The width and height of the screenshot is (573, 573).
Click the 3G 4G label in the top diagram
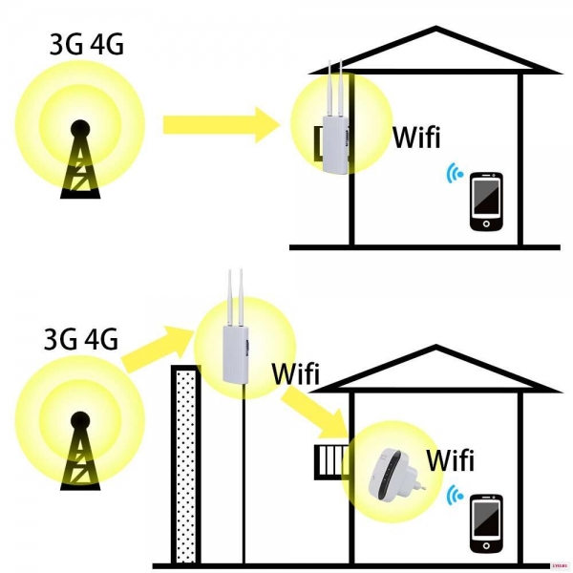point(87,45)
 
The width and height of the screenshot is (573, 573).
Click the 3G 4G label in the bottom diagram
point(81,339)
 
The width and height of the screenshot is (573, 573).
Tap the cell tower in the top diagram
point(80,159)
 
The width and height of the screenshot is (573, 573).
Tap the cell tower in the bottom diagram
point(80,451)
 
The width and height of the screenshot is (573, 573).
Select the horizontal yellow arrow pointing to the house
point(222,125)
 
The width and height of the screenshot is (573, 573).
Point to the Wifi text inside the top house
point(416,137)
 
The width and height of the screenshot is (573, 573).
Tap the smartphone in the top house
point(486,202)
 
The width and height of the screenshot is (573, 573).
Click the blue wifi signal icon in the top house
point(455,173)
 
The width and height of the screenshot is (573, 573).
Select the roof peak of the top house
point(435,28)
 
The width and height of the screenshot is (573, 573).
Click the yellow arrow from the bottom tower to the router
point(158,349)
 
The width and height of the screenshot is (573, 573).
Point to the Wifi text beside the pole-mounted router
point(296,373)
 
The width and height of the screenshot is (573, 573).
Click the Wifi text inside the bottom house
point(450,459)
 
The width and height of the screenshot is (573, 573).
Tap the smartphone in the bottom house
point(486,523)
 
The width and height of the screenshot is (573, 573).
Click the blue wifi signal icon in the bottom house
point(455,496)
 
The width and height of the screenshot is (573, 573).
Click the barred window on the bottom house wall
point(331,462)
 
